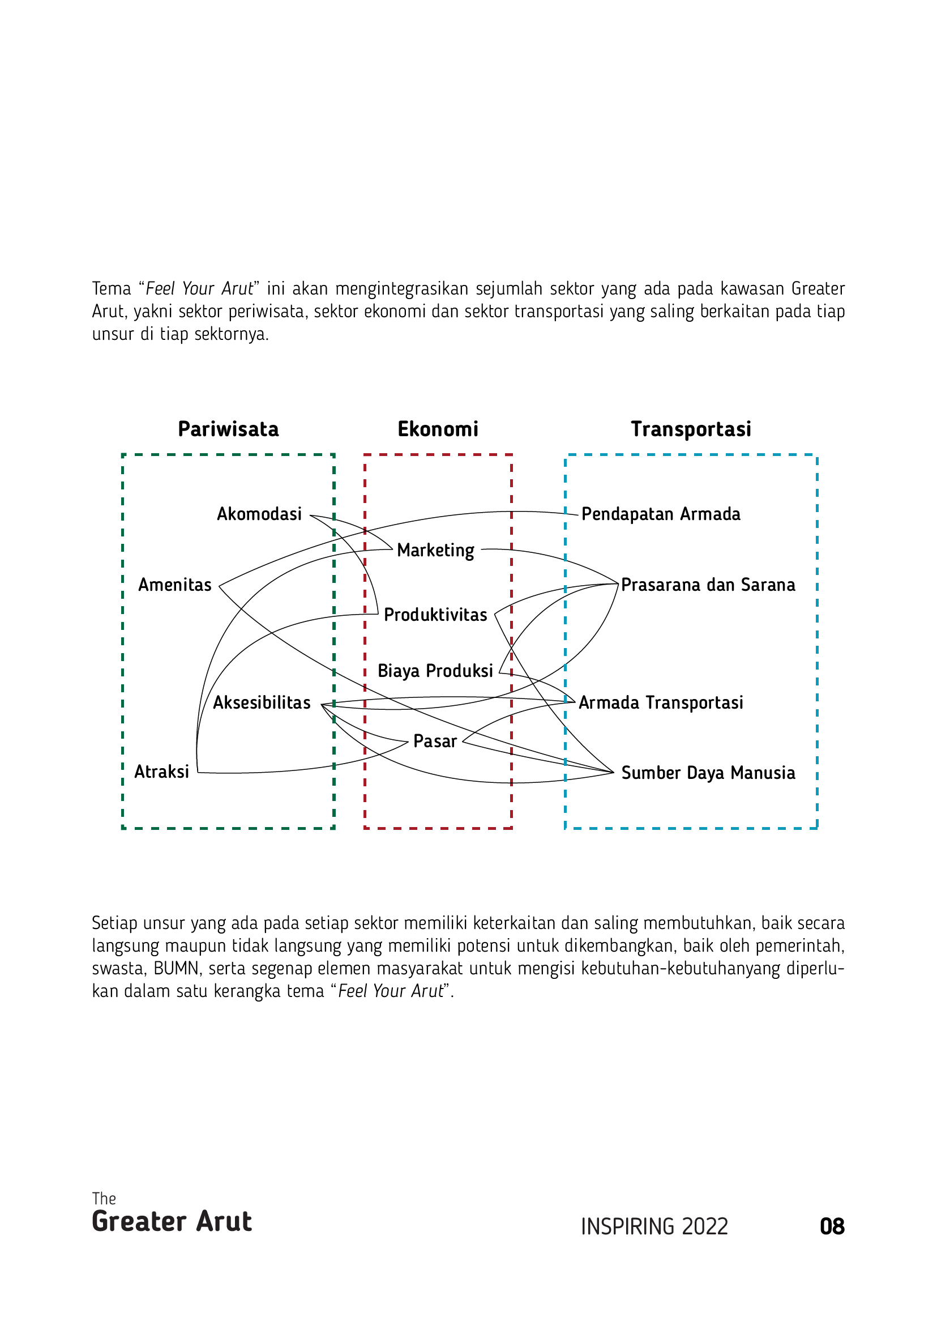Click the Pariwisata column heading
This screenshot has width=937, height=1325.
(x=228, y=429)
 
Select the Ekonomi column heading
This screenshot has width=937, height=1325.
(x=438, y=429)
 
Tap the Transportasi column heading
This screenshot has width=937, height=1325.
(x=691, y=429)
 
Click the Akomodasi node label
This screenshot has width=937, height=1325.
(x=259, y=514)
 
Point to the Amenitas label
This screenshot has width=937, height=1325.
(x=175, y=585)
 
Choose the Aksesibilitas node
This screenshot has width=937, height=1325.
(x=262, y=702)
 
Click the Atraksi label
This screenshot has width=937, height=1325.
(x=161, y=772)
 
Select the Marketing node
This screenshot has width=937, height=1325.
(x=435, y=550)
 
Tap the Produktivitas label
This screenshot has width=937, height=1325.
(x=435, y=615)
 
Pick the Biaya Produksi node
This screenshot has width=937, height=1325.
(x=435, y=671)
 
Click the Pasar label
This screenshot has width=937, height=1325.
(x=435, y=742)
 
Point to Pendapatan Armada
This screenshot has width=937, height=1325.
(x=661, y=514)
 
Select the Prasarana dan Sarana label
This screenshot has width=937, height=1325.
(x=708, y=585)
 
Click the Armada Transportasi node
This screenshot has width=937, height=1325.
(x=661, y=702)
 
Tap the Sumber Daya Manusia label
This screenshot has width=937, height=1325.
(x=708, y=773)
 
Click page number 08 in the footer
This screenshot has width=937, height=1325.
(x=832, y=1227)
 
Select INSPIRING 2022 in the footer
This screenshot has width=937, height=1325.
(x=654, y=1227)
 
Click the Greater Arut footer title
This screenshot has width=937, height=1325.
(x=172, y=1222)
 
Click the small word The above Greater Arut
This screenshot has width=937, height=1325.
(x=104, y=1199)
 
